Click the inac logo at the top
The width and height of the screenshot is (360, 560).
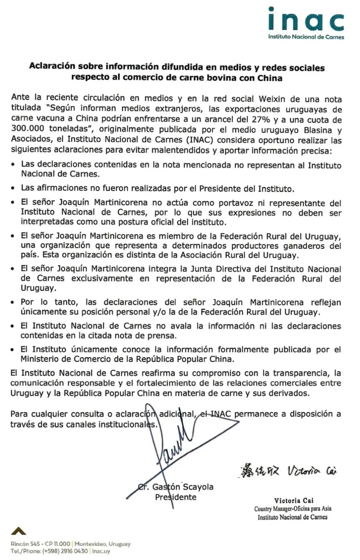point(306,19)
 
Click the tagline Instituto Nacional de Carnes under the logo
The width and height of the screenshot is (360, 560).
point(306,37)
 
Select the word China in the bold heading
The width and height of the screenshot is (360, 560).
point(270,78)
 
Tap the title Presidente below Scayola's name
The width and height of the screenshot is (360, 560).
point(176,497)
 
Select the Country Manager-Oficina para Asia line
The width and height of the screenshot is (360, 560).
point(293,509)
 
